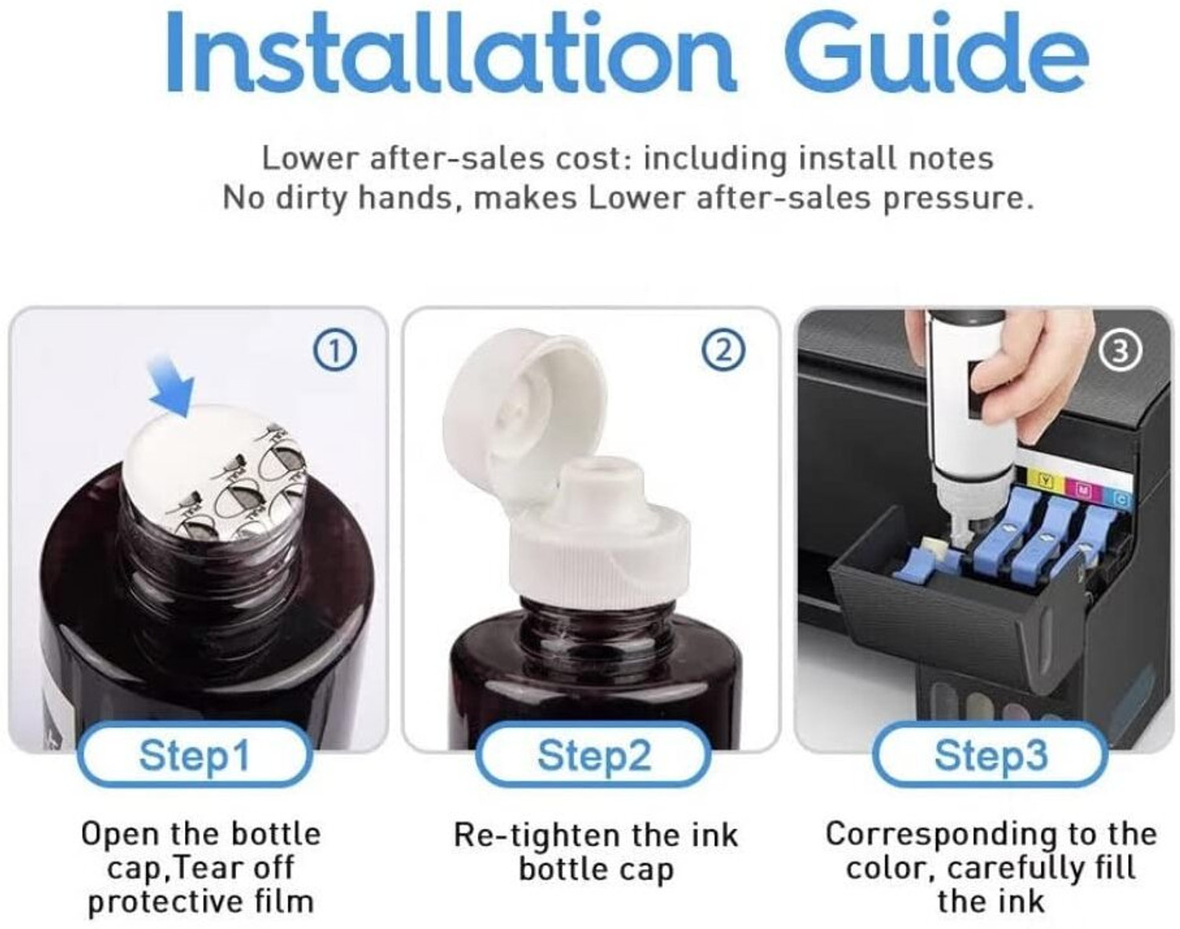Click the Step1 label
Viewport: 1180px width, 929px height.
(195, 755)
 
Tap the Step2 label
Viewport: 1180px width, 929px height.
(593, 755)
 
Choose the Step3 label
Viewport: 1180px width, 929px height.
(990, 755)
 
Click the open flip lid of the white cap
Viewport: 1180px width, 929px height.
(521, 406)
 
